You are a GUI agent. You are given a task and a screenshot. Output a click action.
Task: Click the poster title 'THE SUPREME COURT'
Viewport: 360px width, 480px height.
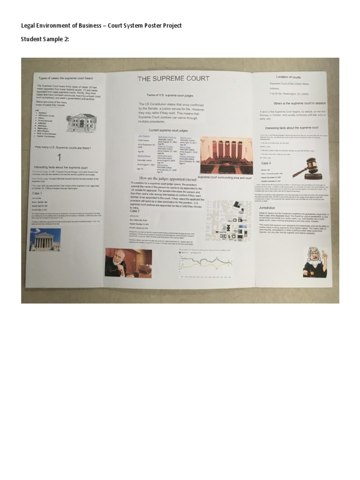pyautogui.click(x=173, y=79)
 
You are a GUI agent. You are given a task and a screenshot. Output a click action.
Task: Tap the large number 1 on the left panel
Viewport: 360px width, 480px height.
pyautogui.click(x=59, y=157)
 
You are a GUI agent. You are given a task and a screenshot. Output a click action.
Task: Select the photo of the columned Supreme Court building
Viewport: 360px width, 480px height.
pyautogui.click(x=45, y=240)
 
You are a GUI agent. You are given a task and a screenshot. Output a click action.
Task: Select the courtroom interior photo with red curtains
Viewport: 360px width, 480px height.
pyautogui.click(x=226, y=155)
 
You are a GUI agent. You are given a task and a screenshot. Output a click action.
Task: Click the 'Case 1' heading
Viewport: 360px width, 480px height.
pyautogui.click(x=37, y=193)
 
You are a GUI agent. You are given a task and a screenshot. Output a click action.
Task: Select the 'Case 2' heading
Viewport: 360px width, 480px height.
pyautogui.click(x=135, y=211)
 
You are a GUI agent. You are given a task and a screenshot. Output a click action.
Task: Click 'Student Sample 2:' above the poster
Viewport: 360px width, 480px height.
pyautogui.click(x=45, y=39)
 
